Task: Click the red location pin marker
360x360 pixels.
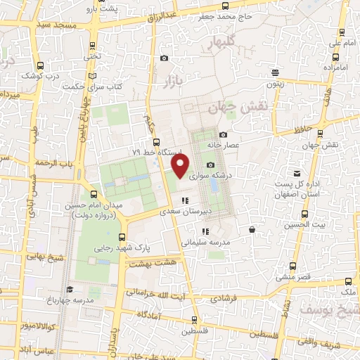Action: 181,166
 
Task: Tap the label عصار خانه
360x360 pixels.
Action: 224,145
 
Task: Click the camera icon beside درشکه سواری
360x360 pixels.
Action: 210,165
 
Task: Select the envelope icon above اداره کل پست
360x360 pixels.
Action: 297,173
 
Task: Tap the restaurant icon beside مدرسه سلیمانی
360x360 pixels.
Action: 205,231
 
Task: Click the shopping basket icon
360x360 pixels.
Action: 252,229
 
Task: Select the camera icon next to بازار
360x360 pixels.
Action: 164,58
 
